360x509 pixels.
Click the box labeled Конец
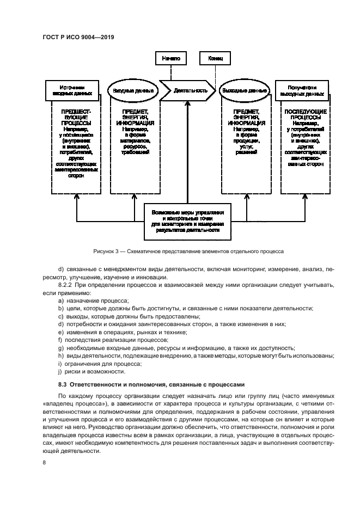tap(212, 57)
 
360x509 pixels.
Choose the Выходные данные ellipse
tap(245, 91)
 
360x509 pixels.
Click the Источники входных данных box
tap(72, 90)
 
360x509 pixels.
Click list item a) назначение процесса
tap(93, 301)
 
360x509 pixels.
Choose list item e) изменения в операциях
tap(122, 332)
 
